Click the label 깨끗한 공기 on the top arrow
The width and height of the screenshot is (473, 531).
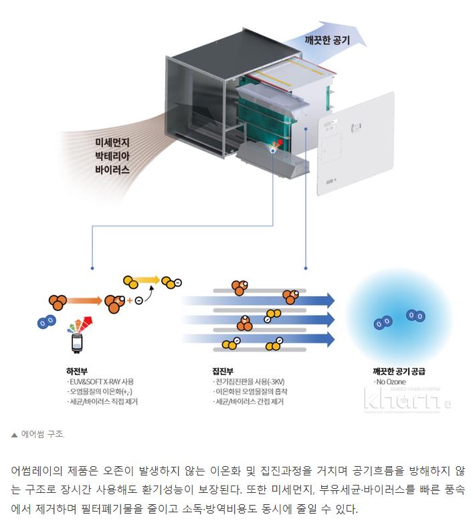327,39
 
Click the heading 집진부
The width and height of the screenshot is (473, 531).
222,370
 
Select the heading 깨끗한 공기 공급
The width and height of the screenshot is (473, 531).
399,370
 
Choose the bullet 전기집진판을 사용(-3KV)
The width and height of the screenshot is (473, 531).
248,381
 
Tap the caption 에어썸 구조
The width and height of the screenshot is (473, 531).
42,434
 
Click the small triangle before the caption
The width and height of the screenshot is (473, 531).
14,435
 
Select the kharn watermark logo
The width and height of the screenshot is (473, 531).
401,401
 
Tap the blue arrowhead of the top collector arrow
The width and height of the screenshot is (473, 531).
328,299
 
